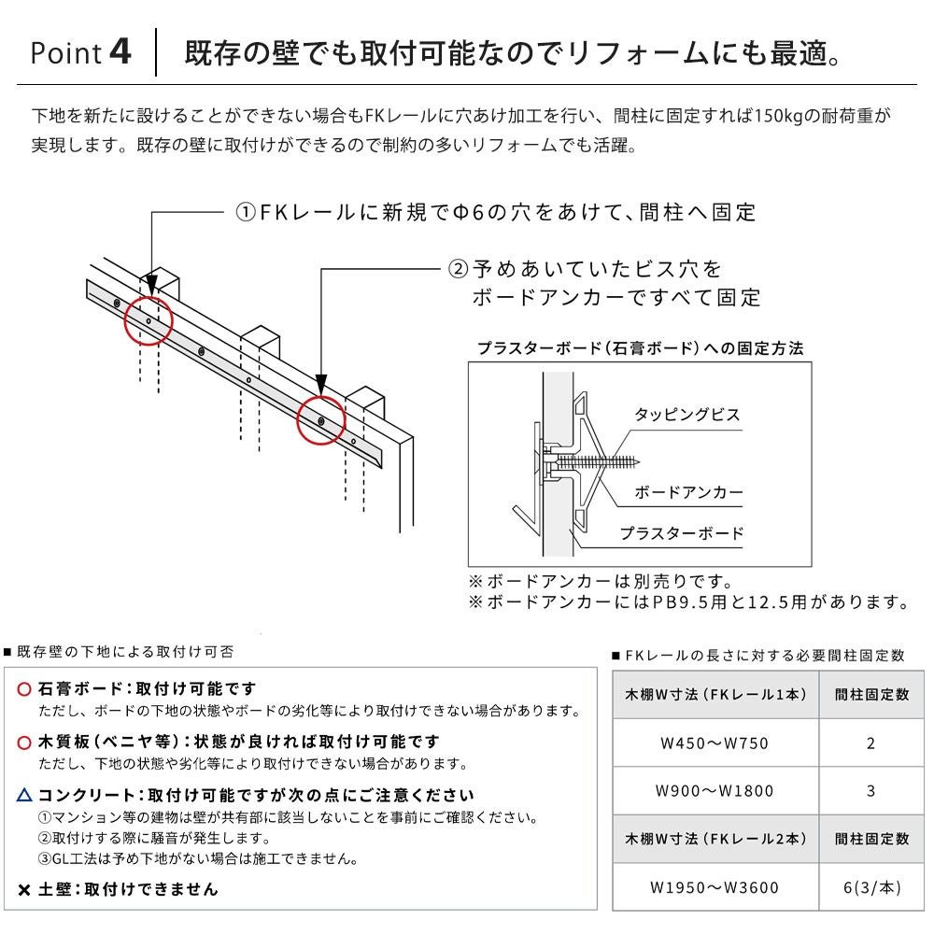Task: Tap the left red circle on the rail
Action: click(x=148, y=320)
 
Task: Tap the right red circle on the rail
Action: click(x=320, y=422)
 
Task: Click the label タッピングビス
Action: click(x=686, y=415)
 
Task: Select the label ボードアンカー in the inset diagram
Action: click(x=688, y=491)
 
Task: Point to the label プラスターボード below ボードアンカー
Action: click(x=682, y=533)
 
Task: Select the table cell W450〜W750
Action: click(x=715, y=743)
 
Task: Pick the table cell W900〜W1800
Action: click(x=715, y=791)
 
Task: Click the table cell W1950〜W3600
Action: click(x=715, y=887)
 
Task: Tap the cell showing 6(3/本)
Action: click(x=870, y=887)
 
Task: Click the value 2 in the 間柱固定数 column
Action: click(x=870, y=743)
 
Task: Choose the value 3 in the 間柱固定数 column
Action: click(x=870, y=791)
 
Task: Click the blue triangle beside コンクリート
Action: click(x=24, y=796)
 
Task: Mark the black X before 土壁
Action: click(x=24, y=889)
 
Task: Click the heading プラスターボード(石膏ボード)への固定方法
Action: click(x=640, y=348)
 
